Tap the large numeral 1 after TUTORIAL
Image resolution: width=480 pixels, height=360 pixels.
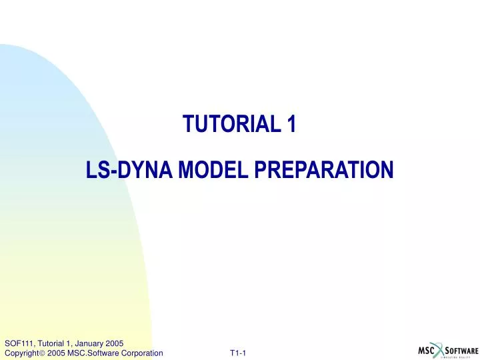tap(291, 124)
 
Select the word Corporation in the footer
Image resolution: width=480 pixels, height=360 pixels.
tap(143, 353)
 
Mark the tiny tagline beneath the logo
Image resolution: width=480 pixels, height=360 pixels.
tap(460, 357)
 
